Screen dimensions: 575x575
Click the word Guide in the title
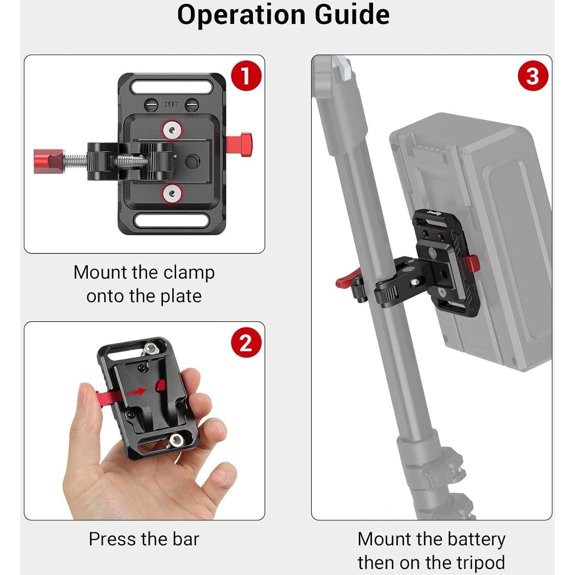(x=352, y=15)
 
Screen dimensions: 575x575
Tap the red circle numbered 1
(x=245, y=76)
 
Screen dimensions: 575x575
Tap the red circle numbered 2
(x=246, y=343)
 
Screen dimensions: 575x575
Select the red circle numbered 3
(x=533, y=76)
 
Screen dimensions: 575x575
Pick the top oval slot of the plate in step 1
(x=171, y=87)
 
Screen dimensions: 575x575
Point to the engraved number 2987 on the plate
(x=171, y=104)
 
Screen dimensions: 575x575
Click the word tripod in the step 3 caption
(x=480, y=562)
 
